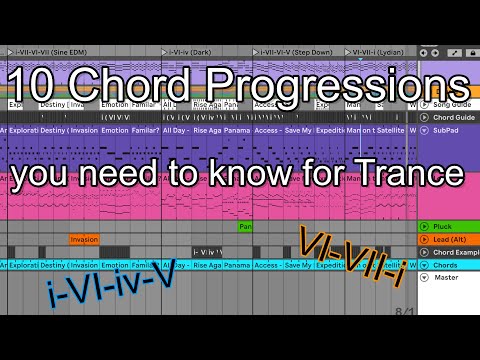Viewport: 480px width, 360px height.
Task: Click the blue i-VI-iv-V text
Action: coord(109,291)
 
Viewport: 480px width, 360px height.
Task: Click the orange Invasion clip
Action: coord(84,239)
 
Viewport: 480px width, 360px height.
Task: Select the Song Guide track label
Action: coord(452,103)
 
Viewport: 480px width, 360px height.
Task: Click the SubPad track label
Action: coord(446,129)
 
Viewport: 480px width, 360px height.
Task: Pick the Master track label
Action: coord(446,278)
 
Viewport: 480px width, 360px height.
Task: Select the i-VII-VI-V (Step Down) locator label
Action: coord(298,51)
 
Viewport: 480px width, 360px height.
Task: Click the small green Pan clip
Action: coord(244,227)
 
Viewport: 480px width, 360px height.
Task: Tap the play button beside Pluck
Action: coord(424,227)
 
